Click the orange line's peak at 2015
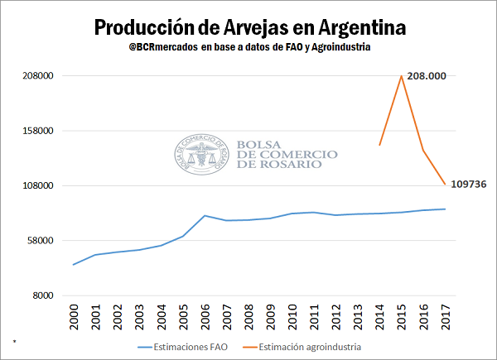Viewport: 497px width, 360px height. tap(402, 76)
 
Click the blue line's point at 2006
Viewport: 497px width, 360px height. tap(205, 215)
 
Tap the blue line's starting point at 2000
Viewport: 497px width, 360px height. tap(75, 264)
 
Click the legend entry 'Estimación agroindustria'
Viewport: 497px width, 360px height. tap(311, 347)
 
